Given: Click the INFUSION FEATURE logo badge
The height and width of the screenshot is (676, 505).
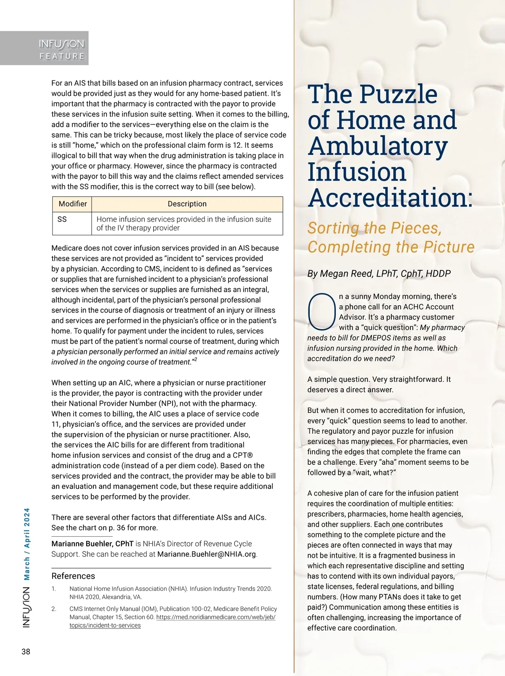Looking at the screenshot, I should click(x=61, y=49).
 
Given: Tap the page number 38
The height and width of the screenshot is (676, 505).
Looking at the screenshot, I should click(x=26, y=652).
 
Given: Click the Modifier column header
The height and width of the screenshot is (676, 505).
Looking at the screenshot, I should click(x=72, y=204).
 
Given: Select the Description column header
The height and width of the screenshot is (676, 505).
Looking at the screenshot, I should click(x=187, y=204).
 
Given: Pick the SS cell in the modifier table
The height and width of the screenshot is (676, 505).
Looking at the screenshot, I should click(x=62, y=219).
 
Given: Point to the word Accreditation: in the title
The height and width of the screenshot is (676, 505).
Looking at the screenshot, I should click(x=390, y=198).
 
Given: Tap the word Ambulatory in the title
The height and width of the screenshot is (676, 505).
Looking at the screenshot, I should click(x=377, y=146).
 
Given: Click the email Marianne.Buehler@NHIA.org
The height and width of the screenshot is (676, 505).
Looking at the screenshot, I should click(x=207, y=554).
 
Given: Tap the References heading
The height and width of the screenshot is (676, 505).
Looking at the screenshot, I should click(x=73, y=576).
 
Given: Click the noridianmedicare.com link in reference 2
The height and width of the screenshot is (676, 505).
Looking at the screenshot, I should click(x=215, y=617).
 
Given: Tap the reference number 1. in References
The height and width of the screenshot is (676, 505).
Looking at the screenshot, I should click(x=54, y=589).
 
